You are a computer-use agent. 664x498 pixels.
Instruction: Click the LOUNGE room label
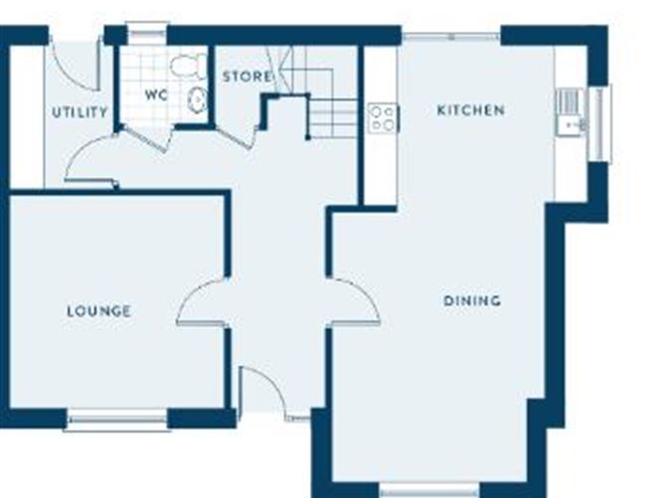tap(98, 311)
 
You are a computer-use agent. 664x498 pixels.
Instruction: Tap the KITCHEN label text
tap(470, 110)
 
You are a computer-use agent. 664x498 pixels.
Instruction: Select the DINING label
tap(471, 300)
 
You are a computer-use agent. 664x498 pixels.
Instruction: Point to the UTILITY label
tap(80, 112)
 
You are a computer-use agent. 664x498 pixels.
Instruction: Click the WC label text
tap(156, 96)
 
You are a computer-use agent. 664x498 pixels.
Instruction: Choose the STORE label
tap(246, 77)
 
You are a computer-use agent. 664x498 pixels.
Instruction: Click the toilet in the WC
tap(187, 67)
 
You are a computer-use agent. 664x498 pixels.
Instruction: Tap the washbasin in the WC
tap(198, 98)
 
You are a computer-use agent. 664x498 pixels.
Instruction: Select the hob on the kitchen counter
tap(383, 117)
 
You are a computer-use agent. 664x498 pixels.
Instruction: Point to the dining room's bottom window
tap(430, 489)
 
